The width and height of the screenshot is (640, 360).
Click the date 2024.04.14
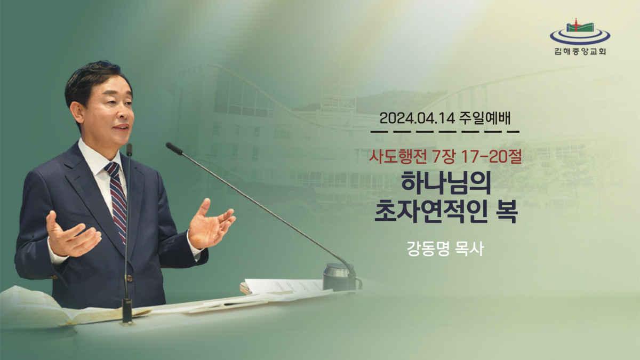(417, 118)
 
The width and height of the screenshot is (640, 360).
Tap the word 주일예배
(485, 118)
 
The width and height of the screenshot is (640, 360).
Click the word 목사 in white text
(469, 249)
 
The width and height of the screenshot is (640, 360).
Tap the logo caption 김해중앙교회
(580, 51)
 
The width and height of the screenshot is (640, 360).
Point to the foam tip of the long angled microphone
(174, 149)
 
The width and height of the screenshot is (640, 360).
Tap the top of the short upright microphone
(129, 149)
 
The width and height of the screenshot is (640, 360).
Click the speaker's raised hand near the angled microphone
(211, 225)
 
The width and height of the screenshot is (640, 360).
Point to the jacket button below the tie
(130, 277)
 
